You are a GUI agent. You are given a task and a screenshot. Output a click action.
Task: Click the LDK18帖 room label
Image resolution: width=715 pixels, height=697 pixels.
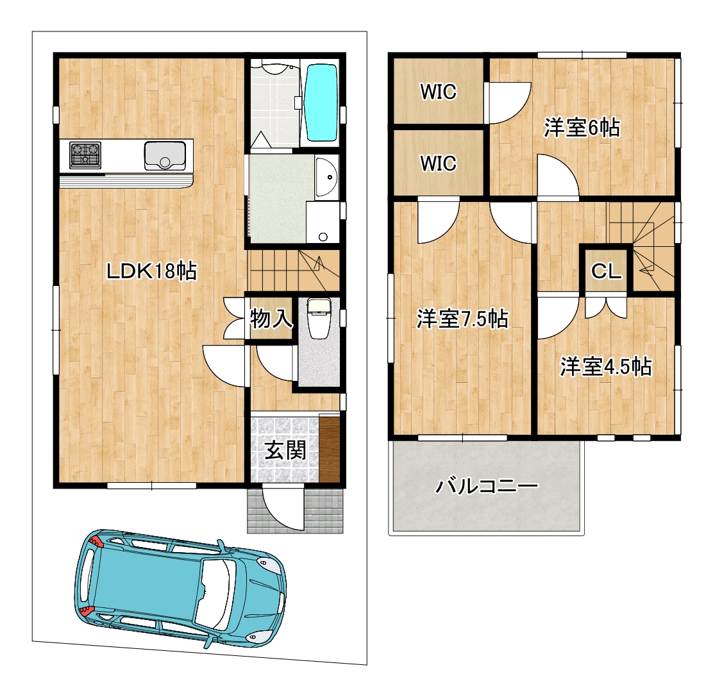(151, 271)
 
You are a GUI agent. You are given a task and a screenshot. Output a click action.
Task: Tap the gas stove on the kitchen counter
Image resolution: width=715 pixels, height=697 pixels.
(85, 155)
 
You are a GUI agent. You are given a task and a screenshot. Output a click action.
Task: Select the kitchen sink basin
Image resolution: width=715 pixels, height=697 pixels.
(165, 156)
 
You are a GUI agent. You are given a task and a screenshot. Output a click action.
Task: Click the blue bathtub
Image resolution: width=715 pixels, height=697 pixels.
(322, 103)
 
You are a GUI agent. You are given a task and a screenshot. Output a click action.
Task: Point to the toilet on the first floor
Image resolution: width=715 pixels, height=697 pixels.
(319, 318)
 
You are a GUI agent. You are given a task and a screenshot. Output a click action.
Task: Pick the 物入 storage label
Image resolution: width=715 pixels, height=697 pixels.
(271, 319)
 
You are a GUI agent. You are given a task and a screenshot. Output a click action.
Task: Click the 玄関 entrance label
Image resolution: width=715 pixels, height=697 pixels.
(285, 451)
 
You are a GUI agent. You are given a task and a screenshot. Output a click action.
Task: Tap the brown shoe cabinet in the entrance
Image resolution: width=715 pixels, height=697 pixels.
(330, 448)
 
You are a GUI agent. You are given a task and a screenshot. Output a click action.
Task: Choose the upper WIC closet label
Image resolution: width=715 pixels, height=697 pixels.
(438, 92)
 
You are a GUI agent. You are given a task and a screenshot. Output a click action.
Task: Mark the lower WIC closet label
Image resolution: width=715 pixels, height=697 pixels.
(438, 164)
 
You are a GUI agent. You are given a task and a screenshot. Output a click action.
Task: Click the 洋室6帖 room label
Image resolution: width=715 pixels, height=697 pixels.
(582, 128)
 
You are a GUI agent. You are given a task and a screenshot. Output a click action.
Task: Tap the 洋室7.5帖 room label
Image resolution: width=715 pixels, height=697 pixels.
(462, 319)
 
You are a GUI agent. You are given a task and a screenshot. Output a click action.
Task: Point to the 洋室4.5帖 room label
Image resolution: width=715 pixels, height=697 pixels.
(605, 367)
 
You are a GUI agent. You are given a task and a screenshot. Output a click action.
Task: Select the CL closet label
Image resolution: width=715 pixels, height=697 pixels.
(606, 272)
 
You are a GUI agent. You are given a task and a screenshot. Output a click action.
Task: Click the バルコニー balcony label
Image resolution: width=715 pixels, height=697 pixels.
(487, 487)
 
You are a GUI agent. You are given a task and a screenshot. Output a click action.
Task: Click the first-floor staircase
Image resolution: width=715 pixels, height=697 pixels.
(294, 271)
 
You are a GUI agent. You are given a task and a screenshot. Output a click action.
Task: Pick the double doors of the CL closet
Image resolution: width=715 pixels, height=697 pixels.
(605, 307)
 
